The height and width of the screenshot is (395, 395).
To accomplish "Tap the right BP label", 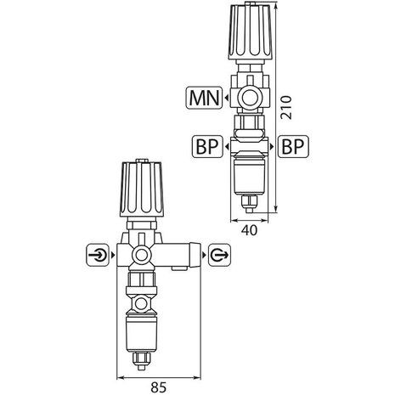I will coord(293,147).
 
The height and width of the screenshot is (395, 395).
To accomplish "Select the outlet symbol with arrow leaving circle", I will coord(217,253).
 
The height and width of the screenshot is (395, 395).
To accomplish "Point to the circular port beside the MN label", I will coord(250,99).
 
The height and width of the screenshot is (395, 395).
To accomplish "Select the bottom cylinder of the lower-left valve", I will coord(141,327).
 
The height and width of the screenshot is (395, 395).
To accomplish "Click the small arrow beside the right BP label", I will coord(272,147).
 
